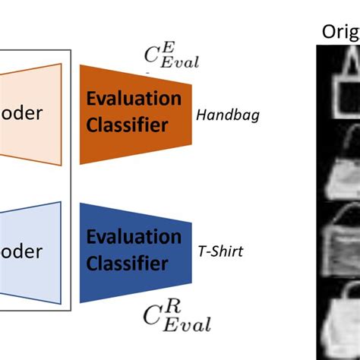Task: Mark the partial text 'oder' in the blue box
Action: pos(23,250)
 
